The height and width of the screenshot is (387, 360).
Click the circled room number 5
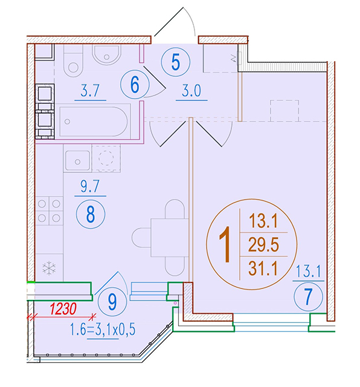tap(176, 62)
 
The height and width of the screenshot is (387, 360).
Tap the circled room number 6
tap(135, 85)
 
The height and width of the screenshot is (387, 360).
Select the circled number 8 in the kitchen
tap(91, 214)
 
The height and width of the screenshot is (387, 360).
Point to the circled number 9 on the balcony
tap(112, 302)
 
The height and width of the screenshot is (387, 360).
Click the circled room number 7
tap(308, 297)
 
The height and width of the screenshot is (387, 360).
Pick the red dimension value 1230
tap(63, 309)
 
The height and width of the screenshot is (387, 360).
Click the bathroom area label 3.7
tap(90, 90)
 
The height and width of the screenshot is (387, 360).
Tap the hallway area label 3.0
tap(191, 90)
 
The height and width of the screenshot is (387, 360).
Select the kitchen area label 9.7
tap(90, 186)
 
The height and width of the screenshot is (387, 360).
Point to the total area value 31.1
tap(263, 268)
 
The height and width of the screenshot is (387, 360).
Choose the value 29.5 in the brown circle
tap(263, 244)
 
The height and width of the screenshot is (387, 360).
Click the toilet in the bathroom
tap(73, 60)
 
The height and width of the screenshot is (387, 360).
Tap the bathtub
tap(94, 122)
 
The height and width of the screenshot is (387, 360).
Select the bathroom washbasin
tap(106, 55)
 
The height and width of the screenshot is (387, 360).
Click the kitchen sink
tap(77, 160)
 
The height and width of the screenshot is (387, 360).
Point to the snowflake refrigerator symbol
tap(49, 268)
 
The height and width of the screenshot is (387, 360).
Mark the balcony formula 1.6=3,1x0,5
tap(103, 330)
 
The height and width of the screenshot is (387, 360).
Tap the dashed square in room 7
tap(284, 111)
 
